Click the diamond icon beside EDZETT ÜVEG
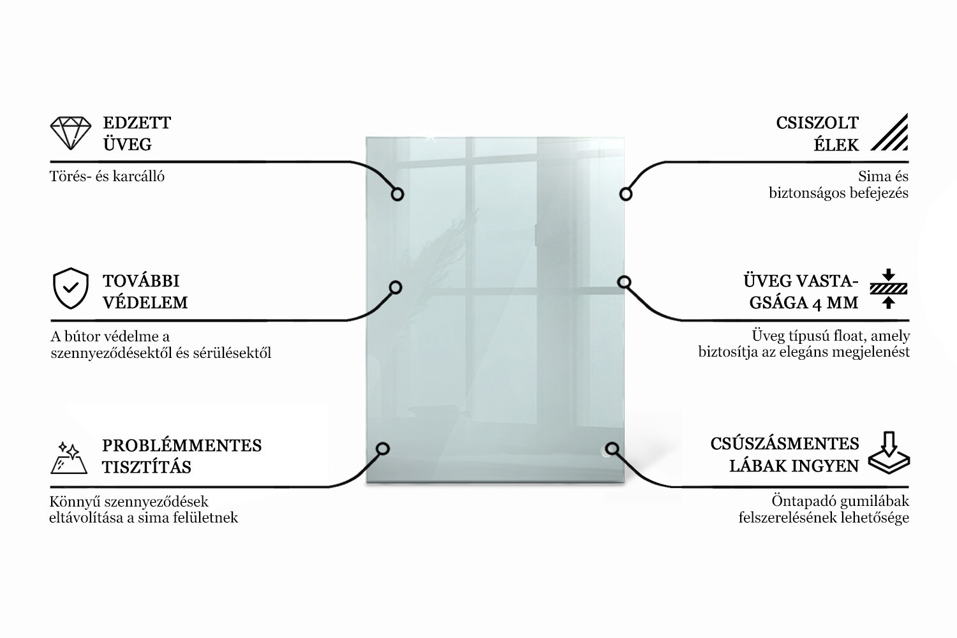[70, 133]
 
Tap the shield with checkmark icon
[70, 288]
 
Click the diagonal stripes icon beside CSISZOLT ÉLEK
[889, 132]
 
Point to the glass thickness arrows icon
[889, 289]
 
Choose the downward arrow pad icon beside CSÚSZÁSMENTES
[889, 452]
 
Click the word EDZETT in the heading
[137, 123]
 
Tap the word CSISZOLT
[817, 123]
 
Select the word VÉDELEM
[145, 302]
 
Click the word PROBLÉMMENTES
[182, 445]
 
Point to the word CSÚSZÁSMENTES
[784, 443]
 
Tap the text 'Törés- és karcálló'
[107, 177]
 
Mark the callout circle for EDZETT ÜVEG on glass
[397, 195]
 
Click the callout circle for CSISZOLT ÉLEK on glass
[626, 195]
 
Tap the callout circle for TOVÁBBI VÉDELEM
[396, 288]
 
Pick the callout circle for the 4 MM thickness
[624, 282]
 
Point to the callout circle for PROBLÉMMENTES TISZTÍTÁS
[383, 449]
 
